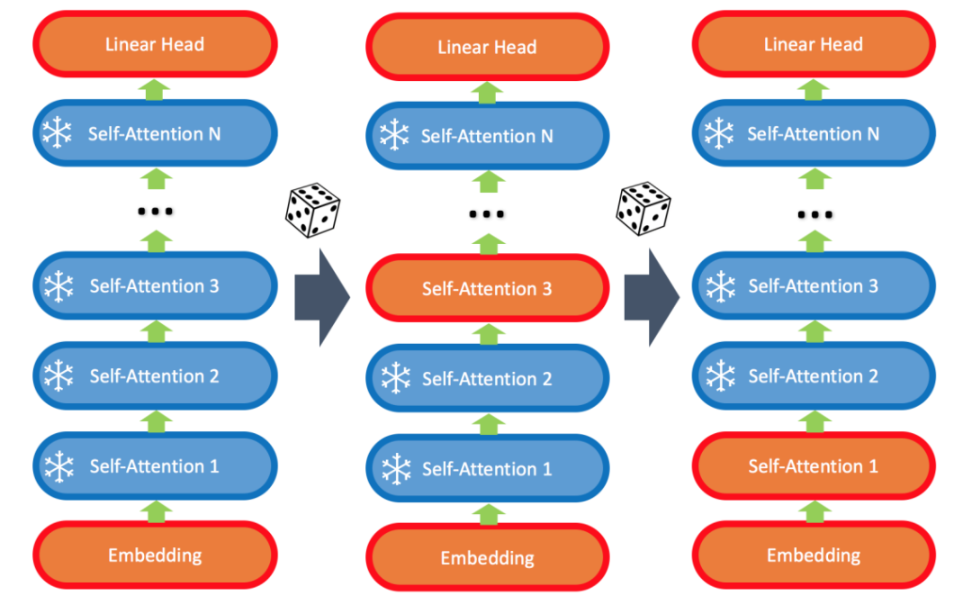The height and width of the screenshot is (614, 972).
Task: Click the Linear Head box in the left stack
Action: tap(155, 44)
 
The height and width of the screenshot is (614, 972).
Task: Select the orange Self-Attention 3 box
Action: tap(487, 289)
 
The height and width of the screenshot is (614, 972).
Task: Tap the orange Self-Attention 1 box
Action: tap(813, 466)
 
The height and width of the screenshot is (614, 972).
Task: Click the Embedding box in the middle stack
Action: tap(487, 558)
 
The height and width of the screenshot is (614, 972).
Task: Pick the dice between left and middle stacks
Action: tap(312, 210)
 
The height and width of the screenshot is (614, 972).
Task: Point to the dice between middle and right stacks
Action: tap(643, 208)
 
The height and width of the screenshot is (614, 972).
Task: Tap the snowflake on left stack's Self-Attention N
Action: tap(58, 134)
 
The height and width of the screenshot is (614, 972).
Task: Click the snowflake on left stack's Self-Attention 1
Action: tap(58, 466)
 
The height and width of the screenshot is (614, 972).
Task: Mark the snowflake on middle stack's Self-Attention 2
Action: tap(393, 379)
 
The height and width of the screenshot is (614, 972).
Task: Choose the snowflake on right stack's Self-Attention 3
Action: tap(719, 286)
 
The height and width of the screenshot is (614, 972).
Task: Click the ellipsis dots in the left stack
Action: tap(155, 212)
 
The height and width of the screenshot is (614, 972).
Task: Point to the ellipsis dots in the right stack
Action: tap(814, 214)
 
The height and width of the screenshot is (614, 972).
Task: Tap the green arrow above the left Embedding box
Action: tap(157, 510)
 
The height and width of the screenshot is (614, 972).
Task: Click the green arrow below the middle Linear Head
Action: tap(488, 92)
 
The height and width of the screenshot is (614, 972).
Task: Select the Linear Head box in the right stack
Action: tap(813, 44)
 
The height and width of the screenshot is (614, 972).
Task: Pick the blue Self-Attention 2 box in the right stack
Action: tap(813, 376)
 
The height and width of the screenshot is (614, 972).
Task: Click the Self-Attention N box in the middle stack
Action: tap(487, 137)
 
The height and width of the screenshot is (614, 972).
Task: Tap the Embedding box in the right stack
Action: tap(813, 555)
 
